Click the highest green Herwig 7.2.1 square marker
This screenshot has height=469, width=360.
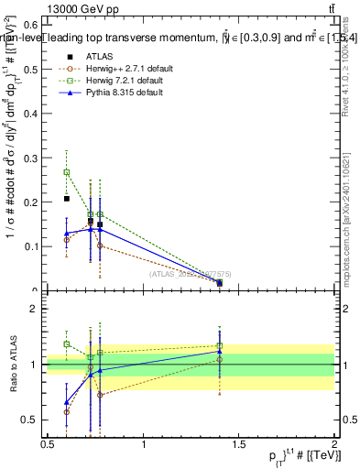point(66,172)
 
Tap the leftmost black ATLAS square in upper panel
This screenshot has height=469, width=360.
point(66,199)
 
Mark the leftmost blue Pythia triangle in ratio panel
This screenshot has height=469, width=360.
point(66,402)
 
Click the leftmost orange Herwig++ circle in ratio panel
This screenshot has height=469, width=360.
point(66,412)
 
